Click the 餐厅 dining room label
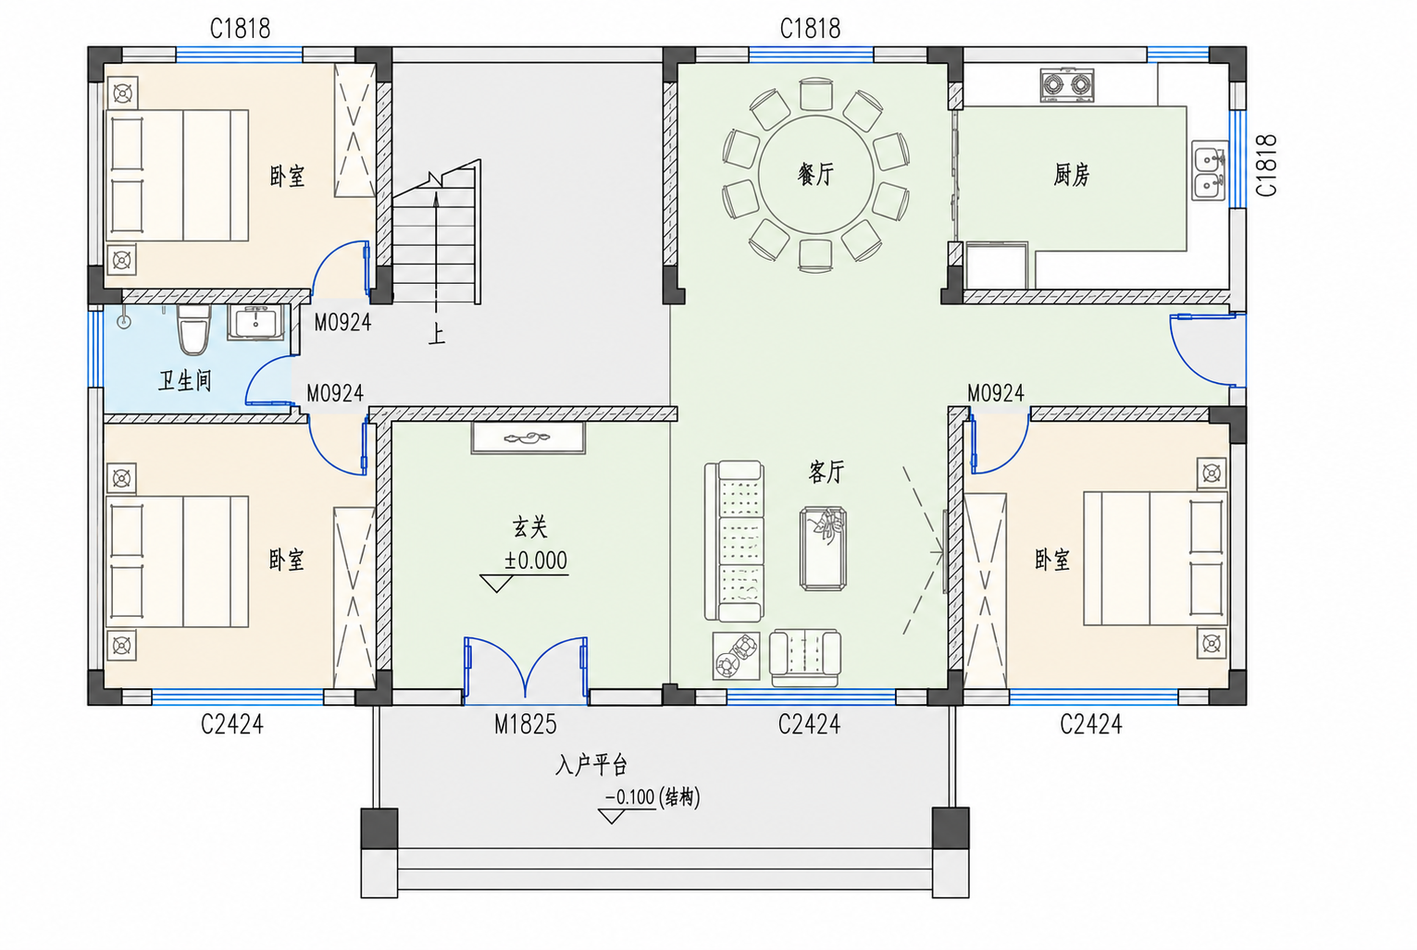coord(815,174)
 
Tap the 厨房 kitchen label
coord(1071,175)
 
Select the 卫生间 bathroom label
coord(185,380)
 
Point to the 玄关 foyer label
coord(529,526)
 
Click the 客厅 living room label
coord(827,472)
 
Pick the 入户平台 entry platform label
coord(590,765)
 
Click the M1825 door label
coord(525,724)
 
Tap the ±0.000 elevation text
coord(536,560)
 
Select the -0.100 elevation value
coord(630,797)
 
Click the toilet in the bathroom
coord(193,328)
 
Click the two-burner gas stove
coord(1066,85)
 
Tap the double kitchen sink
coord(1210,170)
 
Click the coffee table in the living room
coord(823,548)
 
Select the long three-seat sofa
coord(734,541)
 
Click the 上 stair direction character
coord(437,334)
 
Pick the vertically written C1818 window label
coord(1266,166)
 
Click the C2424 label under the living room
coord(809,724)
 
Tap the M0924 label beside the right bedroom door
coord(996,393)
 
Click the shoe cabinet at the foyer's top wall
coord(528,438)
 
